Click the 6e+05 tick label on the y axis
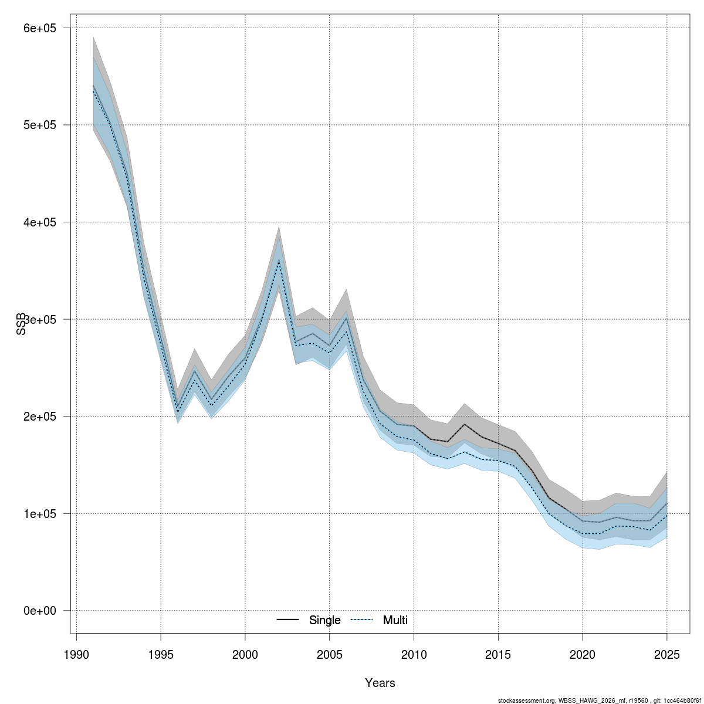coord(38,28)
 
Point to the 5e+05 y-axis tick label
coord(38,125)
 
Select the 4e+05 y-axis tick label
coord(38,222)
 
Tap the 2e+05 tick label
coord(38,417)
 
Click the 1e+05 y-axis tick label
coord(38,513)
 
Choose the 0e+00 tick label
coord(38,611)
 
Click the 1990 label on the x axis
coord(76,654)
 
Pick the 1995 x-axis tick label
coord(161,654)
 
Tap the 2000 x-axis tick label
coord(245,654)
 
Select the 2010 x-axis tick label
coord(414,654)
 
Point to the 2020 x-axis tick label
coord(583,654)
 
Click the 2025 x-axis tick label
coord(667,654)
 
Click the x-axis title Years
coord(380,683)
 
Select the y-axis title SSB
coord(22,323)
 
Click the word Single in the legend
coord(325,620)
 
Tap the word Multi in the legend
coord(395,620)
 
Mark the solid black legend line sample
coord(287,620)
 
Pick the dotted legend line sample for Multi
coord(362,620)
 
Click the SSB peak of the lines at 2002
coord(279,260)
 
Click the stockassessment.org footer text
coord(598,700)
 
